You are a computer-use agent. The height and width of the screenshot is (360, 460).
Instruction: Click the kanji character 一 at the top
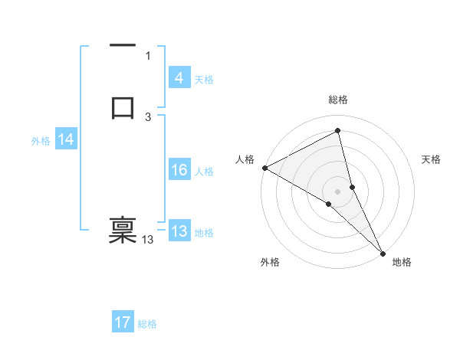point(123,45)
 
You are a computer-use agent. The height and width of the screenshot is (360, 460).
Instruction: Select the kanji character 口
point(123,107)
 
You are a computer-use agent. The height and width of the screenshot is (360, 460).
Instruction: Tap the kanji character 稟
point(123,230)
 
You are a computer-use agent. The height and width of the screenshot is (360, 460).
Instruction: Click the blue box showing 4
point(179,78)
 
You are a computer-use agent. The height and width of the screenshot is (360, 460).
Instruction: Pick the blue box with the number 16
point(179,171)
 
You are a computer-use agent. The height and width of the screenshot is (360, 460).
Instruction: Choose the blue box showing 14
point(66,140)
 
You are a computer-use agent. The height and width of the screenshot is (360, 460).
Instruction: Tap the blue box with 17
point(123,323)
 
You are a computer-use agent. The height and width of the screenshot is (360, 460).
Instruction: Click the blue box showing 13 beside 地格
point(179,232)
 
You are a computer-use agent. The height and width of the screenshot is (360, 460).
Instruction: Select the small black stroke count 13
point(148,240)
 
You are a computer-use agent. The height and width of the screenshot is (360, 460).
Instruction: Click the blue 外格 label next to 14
point(41,141)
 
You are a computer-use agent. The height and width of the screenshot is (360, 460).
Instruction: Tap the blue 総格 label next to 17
point(147,324)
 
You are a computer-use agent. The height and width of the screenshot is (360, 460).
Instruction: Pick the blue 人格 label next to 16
point(204,172)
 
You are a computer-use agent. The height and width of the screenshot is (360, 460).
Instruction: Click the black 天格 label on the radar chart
point(432,159)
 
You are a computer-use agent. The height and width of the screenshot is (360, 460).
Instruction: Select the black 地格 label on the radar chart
point(402,263)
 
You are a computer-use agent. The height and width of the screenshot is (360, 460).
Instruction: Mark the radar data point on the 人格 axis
point(264,168)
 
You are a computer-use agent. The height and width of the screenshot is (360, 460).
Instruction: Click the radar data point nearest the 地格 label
point(383,252)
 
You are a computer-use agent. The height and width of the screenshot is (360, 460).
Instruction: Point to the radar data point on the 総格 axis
point(338,131)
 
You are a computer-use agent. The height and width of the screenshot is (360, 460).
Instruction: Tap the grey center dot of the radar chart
point(338,190)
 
